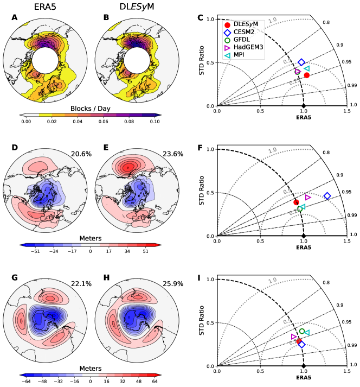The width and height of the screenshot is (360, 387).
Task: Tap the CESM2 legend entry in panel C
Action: (248, 33)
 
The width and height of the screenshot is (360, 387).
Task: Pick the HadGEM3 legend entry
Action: (253, 48)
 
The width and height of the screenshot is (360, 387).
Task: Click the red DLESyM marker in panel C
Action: (307, 75)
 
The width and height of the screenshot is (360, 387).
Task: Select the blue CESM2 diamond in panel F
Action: (327, 196)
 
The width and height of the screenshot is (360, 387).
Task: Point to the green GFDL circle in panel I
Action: (302, 331)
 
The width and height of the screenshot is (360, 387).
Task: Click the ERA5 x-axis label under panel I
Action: (303, 377)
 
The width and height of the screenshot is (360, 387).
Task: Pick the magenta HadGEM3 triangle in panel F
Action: (308, 197)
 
